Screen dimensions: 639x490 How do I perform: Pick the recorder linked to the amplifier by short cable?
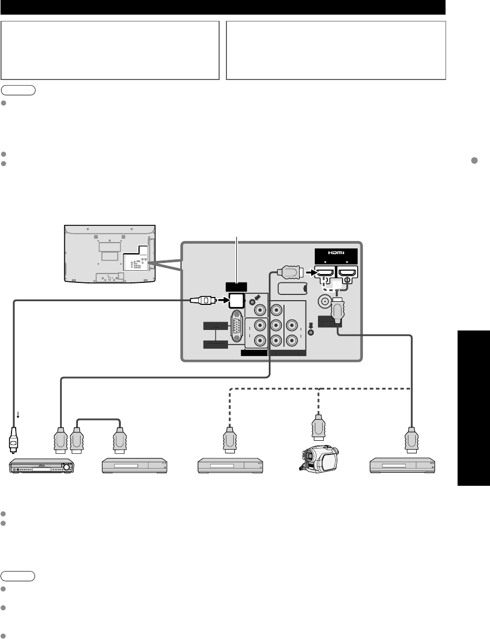click(134, 465)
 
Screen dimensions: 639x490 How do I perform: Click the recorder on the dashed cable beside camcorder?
click(230, 465)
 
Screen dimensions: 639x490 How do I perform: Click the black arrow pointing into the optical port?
click(221, 301)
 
